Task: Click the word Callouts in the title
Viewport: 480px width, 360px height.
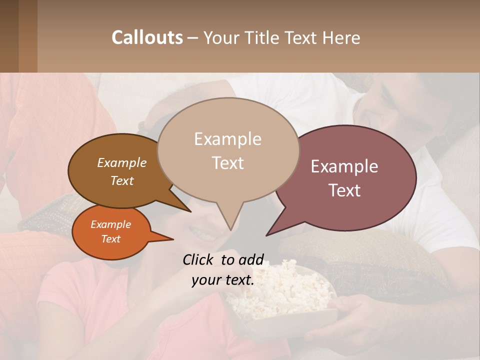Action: [x=147, y=37]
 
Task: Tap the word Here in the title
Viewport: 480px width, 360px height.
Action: [x=339, y=37]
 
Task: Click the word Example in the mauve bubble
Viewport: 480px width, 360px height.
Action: [x=344, y=166]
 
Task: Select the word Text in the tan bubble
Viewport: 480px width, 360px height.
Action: [x=228, y=163]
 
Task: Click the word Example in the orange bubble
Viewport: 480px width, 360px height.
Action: [x=110, y=224]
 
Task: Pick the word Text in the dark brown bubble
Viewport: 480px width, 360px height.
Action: [x=122, y=180]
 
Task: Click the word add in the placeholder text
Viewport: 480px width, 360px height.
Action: [x=251, y=259]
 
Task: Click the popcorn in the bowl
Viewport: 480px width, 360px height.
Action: [x=280, y=295]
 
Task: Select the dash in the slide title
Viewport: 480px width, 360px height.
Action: [x=193, y=37]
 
